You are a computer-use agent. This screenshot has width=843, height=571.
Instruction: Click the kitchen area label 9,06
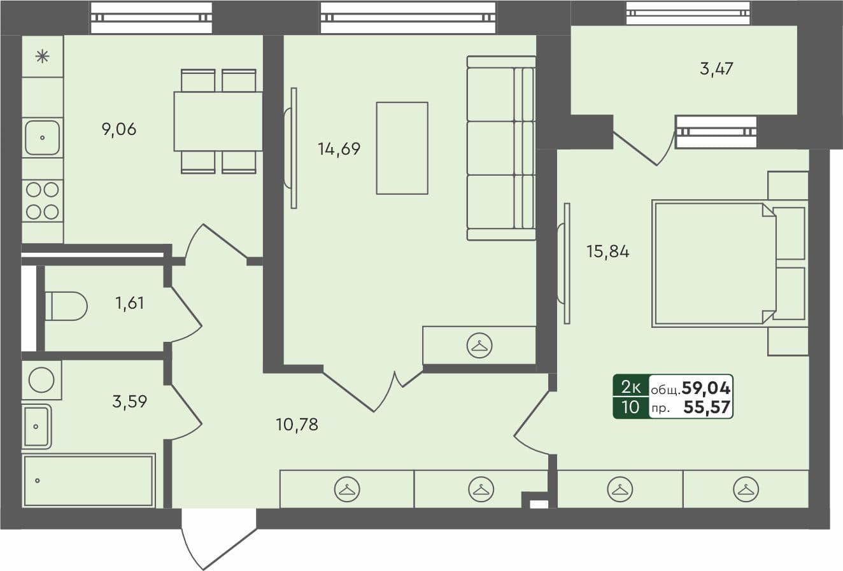[x=119, y=130]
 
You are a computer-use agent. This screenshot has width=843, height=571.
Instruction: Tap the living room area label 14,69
[x=339, y=149]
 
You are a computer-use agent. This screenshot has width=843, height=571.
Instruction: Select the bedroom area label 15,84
[x=607, y=251]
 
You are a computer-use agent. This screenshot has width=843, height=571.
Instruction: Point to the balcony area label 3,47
[x=716, y=69]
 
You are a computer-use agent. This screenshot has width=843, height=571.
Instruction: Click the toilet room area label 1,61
[x=129, y=303]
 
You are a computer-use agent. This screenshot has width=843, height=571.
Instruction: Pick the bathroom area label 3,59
[x=129, y=402]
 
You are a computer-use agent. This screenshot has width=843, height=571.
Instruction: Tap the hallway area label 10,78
[x=297, y=424]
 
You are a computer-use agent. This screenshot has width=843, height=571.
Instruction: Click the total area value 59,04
[x=705, y=387]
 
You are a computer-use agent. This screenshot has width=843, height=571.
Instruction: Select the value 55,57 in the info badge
[x=707, y=407]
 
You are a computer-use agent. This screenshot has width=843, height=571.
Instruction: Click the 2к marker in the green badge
[x=630, y=386]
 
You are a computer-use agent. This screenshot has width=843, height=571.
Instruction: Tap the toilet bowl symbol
[x=65, y=306]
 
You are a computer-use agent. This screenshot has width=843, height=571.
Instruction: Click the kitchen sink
[x=43, y=137]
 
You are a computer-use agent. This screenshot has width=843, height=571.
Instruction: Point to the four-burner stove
[x=43, y=201]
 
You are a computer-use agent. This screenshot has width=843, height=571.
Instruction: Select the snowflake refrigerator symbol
[x=43, y=57]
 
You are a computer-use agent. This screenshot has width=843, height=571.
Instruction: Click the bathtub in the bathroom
[x=89, y=481]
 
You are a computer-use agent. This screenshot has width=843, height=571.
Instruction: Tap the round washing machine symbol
[x=42, y=380]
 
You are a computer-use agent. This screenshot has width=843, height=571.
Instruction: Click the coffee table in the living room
[x=402, y=148]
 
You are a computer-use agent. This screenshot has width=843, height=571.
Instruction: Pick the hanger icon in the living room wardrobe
[x=479, y=346]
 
